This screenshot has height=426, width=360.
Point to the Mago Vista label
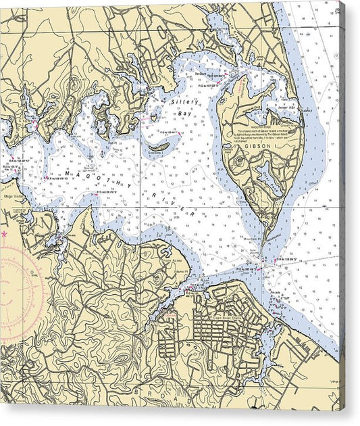point(13,197)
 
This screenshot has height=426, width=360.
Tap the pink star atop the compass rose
point(3,234)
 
